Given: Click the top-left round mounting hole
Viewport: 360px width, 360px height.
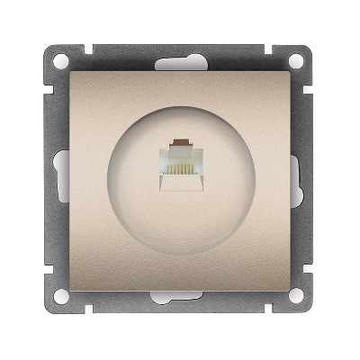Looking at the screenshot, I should [61, 63].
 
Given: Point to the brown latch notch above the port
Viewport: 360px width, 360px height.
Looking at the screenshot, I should [180, 143].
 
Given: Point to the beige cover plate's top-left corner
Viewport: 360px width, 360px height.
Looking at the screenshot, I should [72, 72].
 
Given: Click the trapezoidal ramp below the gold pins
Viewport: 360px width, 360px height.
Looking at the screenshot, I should [180, 184].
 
